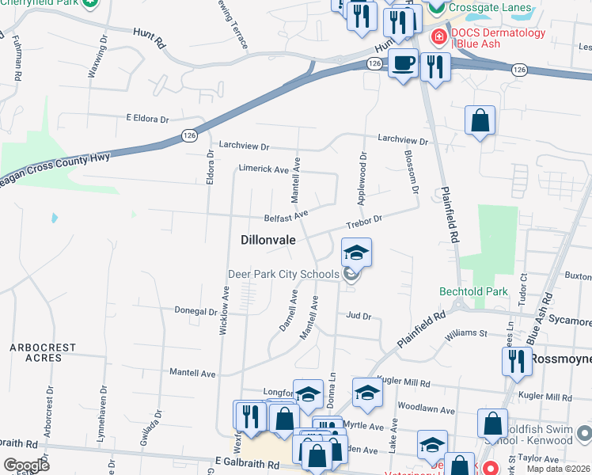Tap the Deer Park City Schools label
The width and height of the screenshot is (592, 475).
284,275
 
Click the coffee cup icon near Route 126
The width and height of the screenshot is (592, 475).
403,63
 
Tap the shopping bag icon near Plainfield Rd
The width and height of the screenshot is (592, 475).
480,121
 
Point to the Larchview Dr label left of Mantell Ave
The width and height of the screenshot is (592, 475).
244,147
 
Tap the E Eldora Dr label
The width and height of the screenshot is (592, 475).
148,120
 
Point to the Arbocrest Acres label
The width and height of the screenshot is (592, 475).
43,352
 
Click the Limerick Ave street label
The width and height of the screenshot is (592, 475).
264,169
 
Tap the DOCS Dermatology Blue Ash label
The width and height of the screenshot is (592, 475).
499,38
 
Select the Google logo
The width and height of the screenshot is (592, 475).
27,465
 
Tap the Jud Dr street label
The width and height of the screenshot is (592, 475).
359,315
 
